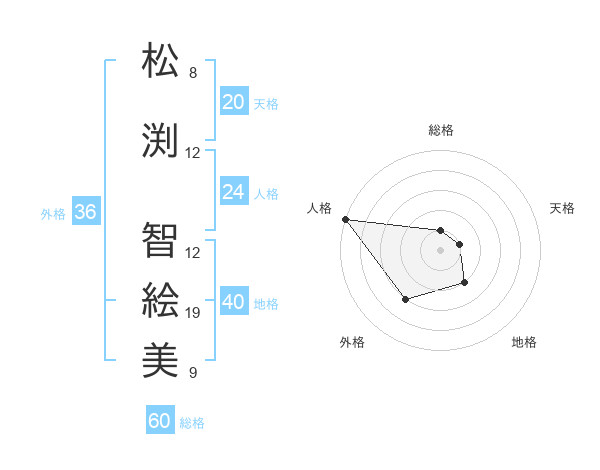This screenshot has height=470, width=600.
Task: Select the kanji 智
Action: [x=160, y=240]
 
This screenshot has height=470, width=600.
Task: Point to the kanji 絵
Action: [x=160, y=300]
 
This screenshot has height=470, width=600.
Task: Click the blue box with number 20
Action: [x=233, y=101]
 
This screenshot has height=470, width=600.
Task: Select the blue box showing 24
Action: [x=233, y=192]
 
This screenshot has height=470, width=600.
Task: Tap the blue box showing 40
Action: [x=233, y=302]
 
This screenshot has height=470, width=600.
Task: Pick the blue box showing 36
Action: [x=85, y=212]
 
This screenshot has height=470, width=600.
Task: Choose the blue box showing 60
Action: [x=159, y=421]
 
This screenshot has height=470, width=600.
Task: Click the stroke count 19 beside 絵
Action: [x=193, y=314]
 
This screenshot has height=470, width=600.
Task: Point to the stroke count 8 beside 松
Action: [x=193, y=73]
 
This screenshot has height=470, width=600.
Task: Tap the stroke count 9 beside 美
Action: [x=193, y=374]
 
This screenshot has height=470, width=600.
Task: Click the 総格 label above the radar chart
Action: [x=441, y=130]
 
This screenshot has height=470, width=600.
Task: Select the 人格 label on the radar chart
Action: [x=321, y=209]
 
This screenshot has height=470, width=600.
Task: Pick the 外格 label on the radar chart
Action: [x=352, y=342]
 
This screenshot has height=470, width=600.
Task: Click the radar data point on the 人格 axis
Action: [x=345, y=219]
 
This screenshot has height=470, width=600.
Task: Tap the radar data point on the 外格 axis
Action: [x=405, y=299]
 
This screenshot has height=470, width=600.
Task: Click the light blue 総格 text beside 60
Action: [x=192, y=423]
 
